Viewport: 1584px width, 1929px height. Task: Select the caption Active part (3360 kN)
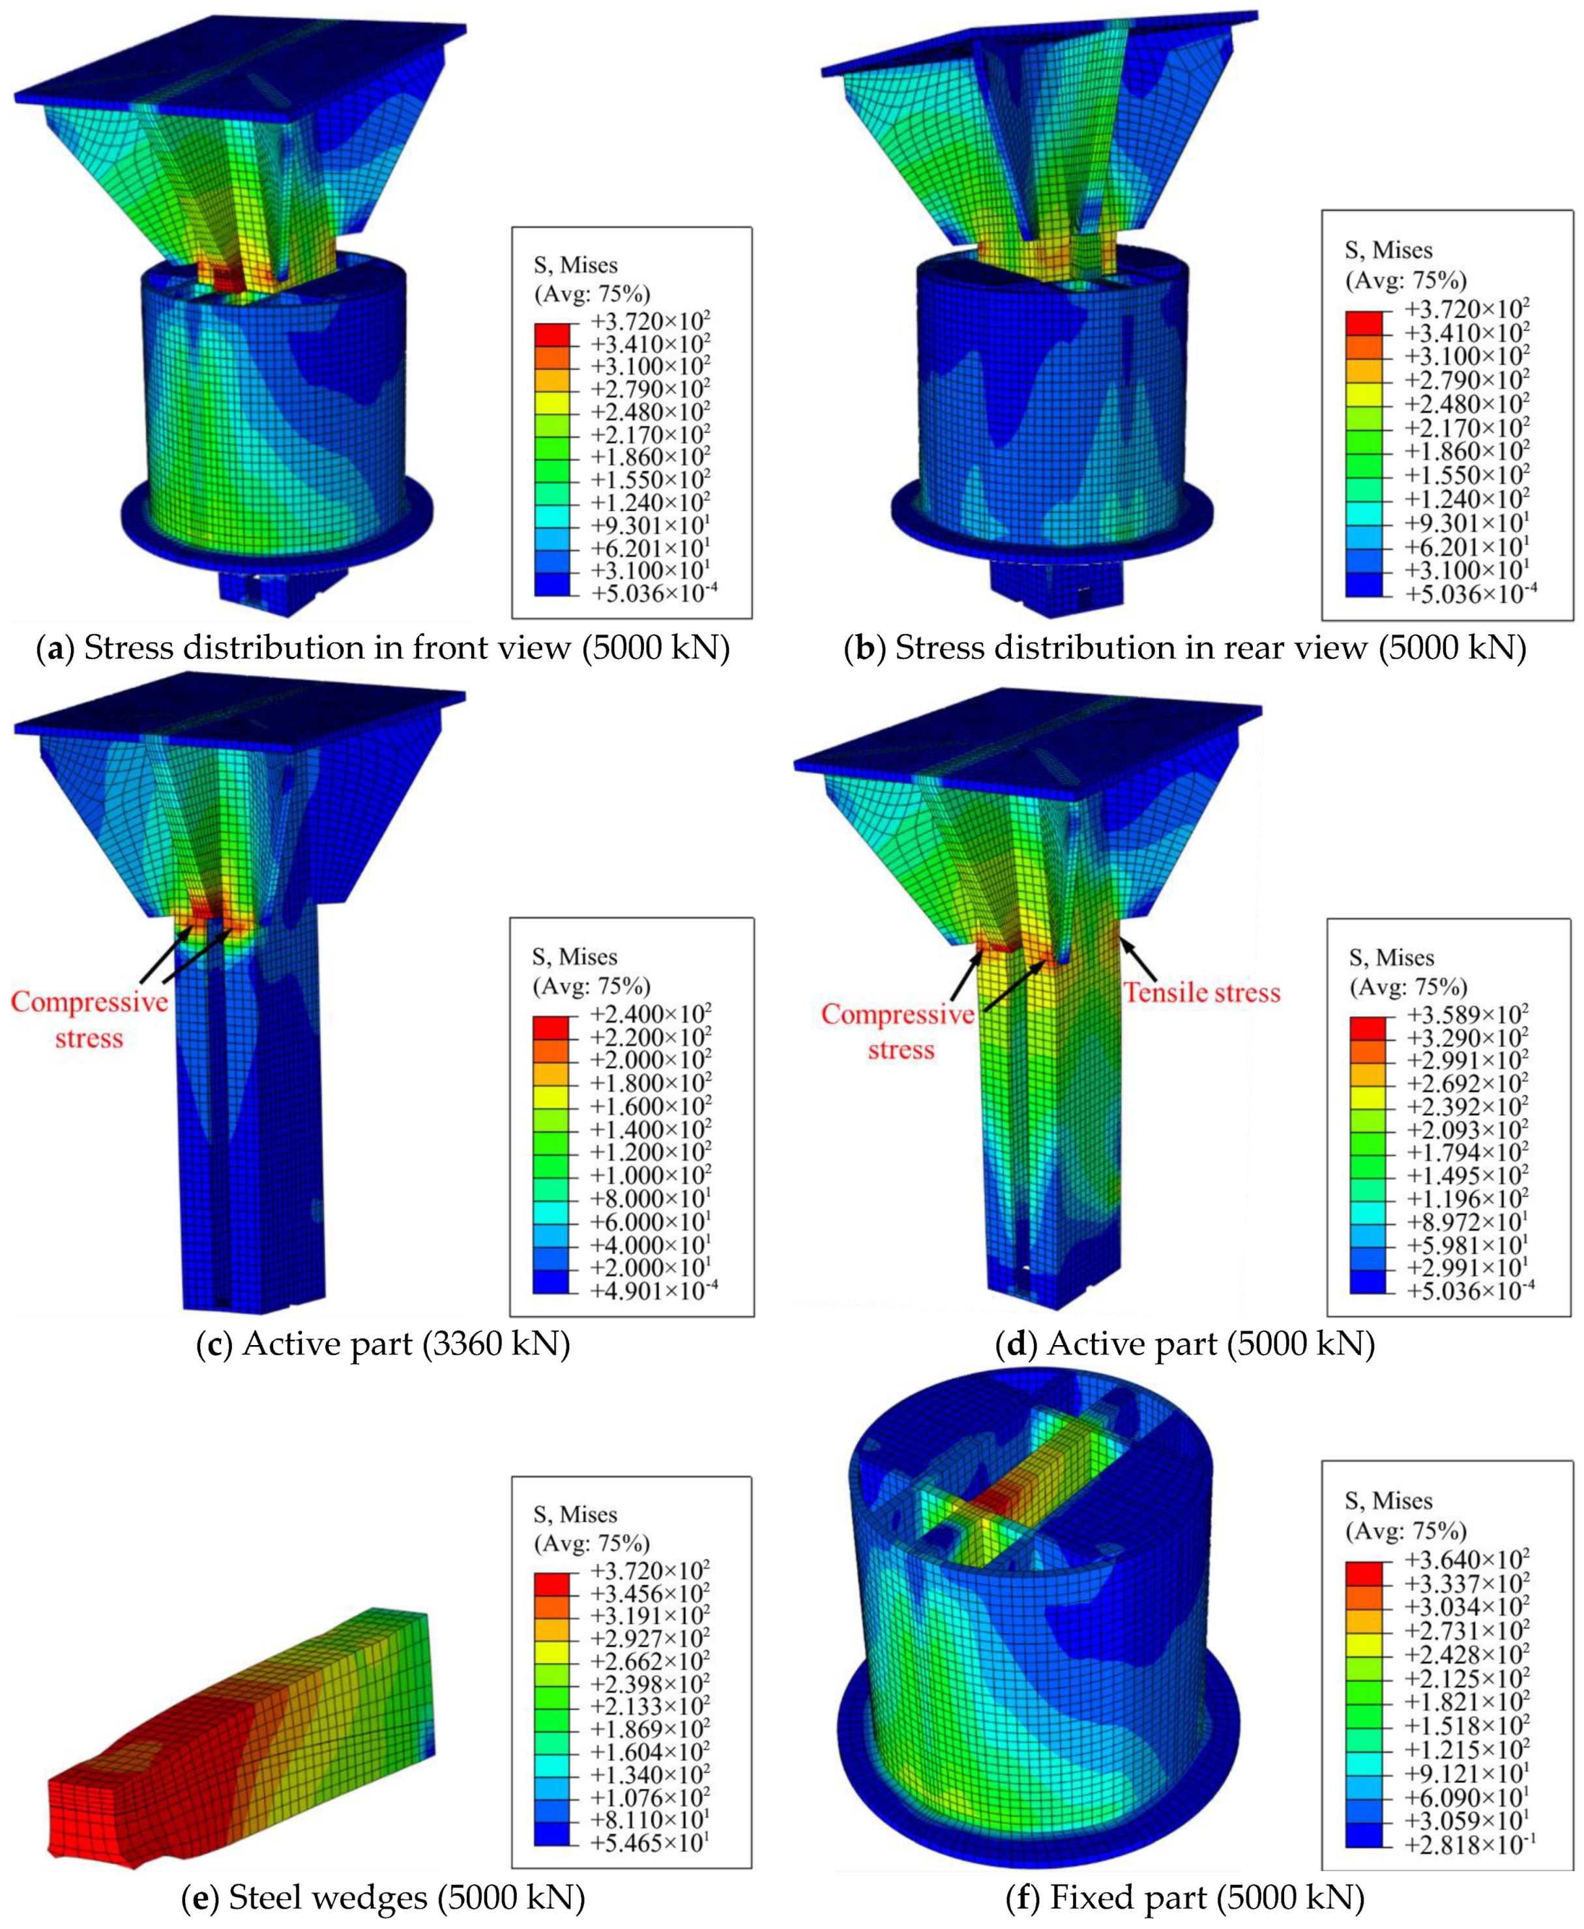coord(384,1344)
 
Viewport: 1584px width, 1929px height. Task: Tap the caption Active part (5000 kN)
coord(1185,1344)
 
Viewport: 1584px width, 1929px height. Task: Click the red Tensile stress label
coord(1201,993)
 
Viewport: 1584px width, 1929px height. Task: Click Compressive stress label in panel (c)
coord(89,1020)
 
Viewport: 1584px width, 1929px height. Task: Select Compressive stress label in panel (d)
coord(899,1032)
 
